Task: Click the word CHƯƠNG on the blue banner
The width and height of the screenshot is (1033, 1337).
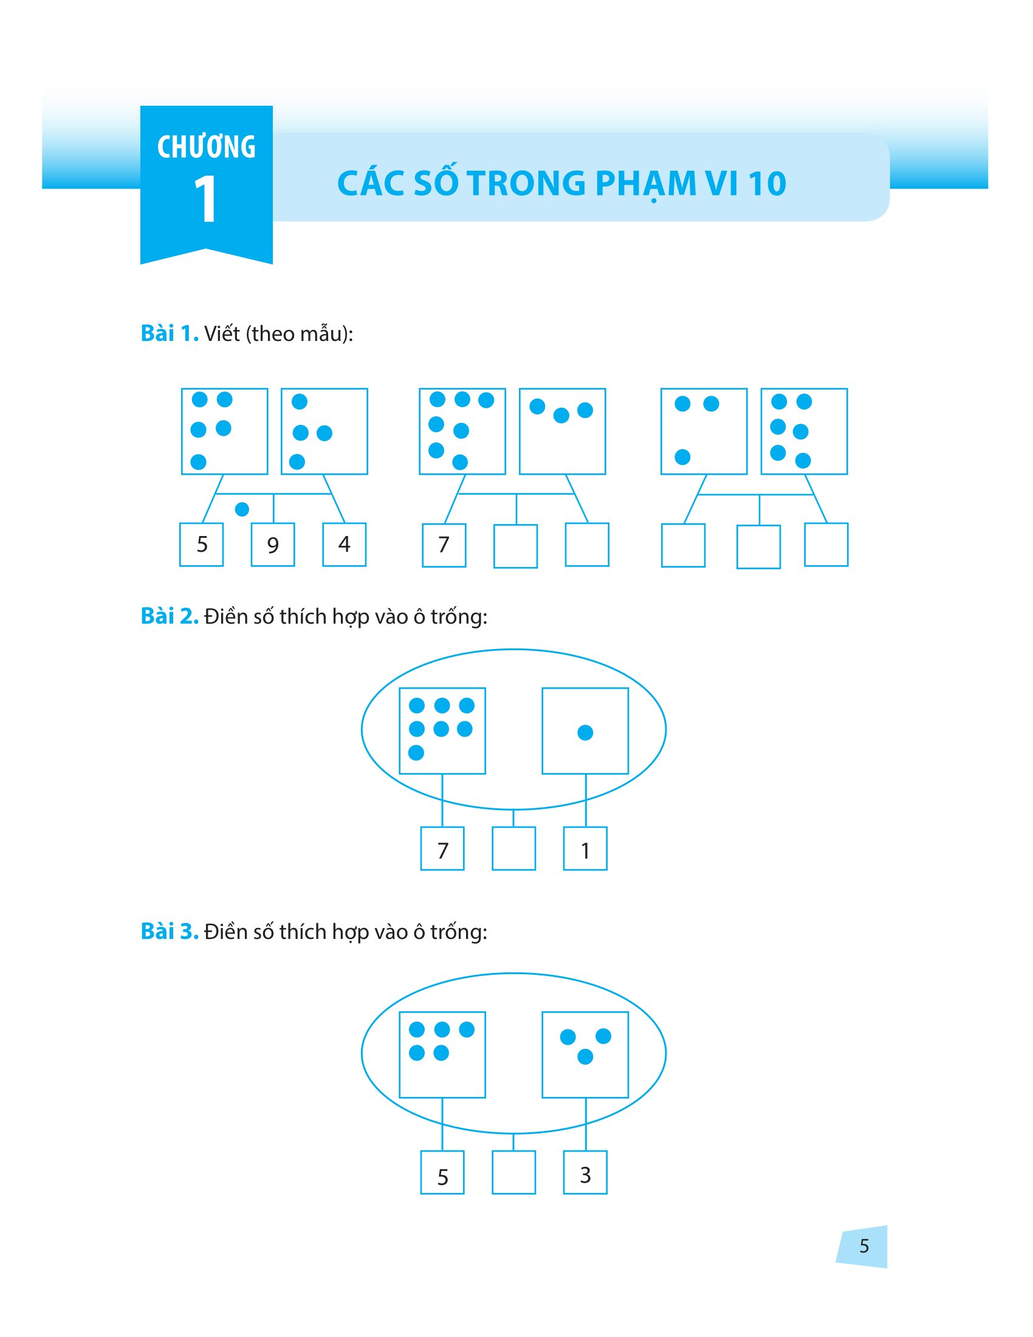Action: (206, 148)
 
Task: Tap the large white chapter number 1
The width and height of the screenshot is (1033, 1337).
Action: (205, 199)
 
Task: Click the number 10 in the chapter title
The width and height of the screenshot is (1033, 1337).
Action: (767, 184)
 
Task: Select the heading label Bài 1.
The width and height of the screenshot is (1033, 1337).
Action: (170, 334)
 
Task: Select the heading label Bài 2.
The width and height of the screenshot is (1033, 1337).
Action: (170, 616)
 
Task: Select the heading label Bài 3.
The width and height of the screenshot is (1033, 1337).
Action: (170, 931)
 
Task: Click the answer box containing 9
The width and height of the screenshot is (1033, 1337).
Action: (273, 545)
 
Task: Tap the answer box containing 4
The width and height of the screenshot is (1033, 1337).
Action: (345, 545)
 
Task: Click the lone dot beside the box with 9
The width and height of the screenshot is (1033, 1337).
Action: (242, 509)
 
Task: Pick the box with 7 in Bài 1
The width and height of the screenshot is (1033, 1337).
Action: (444, 545)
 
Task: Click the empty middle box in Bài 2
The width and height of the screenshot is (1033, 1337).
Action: (513, 848)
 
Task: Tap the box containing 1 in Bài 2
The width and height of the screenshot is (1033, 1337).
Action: (585, 848)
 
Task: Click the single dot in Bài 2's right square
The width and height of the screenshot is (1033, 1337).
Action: (585, 732)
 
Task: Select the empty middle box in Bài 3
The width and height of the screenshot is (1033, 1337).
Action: (513, 1172)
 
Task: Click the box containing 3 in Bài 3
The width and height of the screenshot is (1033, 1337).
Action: (585, 1172)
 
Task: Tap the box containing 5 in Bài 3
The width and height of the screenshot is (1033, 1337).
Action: (442, 1172)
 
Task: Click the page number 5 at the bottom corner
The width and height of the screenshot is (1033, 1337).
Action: (863, 1246)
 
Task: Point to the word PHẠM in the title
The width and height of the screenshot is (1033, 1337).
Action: (645, 184)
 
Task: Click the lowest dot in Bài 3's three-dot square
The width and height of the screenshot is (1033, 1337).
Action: (585, 1057)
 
